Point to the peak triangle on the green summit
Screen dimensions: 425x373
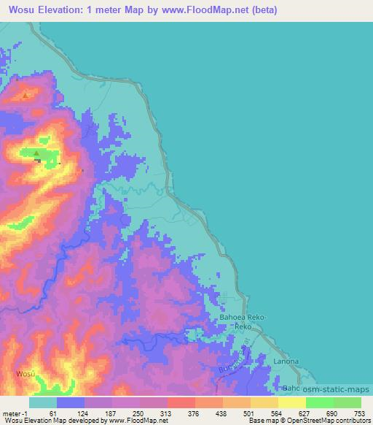[37, 153]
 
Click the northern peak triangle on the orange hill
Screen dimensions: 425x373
[26, 94]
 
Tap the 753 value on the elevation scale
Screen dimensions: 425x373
[358, 413]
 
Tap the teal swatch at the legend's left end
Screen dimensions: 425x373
[43, 402]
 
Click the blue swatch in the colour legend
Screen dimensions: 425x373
[71, 402]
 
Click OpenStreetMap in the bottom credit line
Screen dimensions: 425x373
[323, 421]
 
